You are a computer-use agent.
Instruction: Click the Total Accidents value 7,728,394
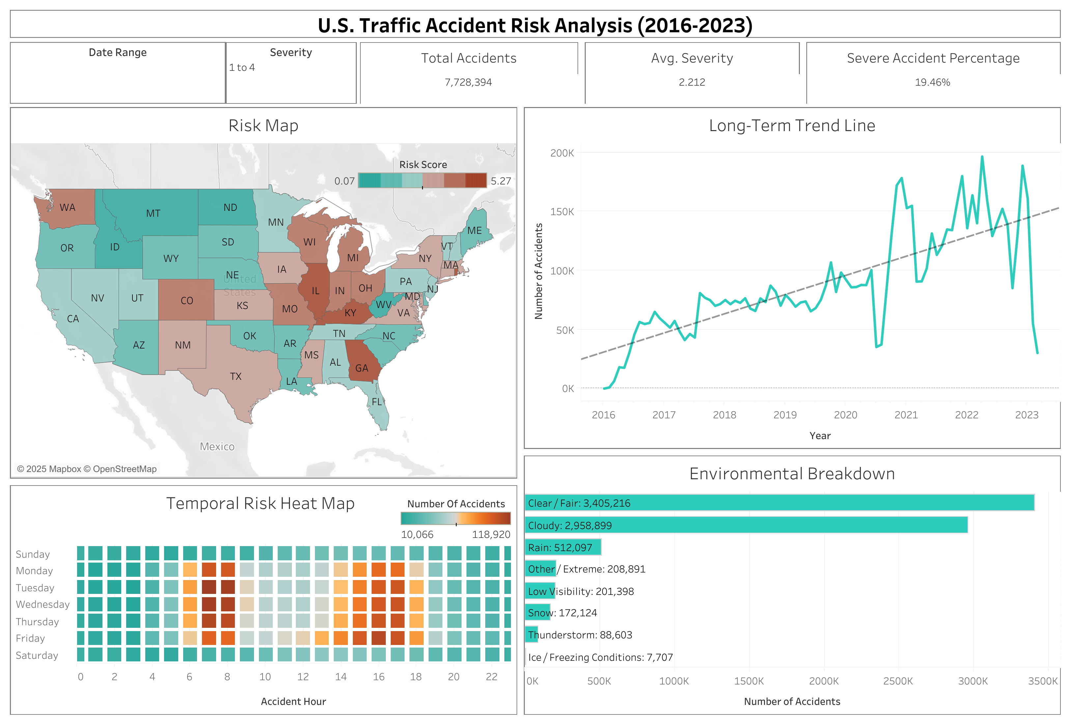[x=468, y=82]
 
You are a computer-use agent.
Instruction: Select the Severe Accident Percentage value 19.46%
[x=932, y=82]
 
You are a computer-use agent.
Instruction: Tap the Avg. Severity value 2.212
[x=691, y=82]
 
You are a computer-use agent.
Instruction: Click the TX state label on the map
[x=236, y=376]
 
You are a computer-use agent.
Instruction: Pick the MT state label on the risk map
[x=153, y=213]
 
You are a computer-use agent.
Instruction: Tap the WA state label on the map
[x=67, y=208]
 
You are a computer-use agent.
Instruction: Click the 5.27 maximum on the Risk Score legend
[x=500, y=181]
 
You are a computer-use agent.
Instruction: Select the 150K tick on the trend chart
[x=562, y=212]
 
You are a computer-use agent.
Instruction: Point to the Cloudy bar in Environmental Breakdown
[x=746, y=525]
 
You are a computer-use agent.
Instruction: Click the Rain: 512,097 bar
[x=563, y=547]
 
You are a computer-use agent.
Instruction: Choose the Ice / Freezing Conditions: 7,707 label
[x=600, y=657]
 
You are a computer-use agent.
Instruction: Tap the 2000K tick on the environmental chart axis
[x=823, y=681]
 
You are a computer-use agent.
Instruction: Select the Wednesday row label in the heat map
[x=42, y=604]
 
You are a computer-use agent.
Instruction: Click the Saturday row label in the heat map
[x=37, y=655]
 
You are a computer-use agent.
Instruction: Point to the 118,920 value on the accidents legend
[x=491, y=534]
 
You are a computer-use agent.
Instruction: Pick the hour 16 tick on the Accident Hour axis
[x=379, y=677]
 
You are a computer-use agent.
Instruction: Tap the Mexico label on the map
[x=217, y=446]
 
